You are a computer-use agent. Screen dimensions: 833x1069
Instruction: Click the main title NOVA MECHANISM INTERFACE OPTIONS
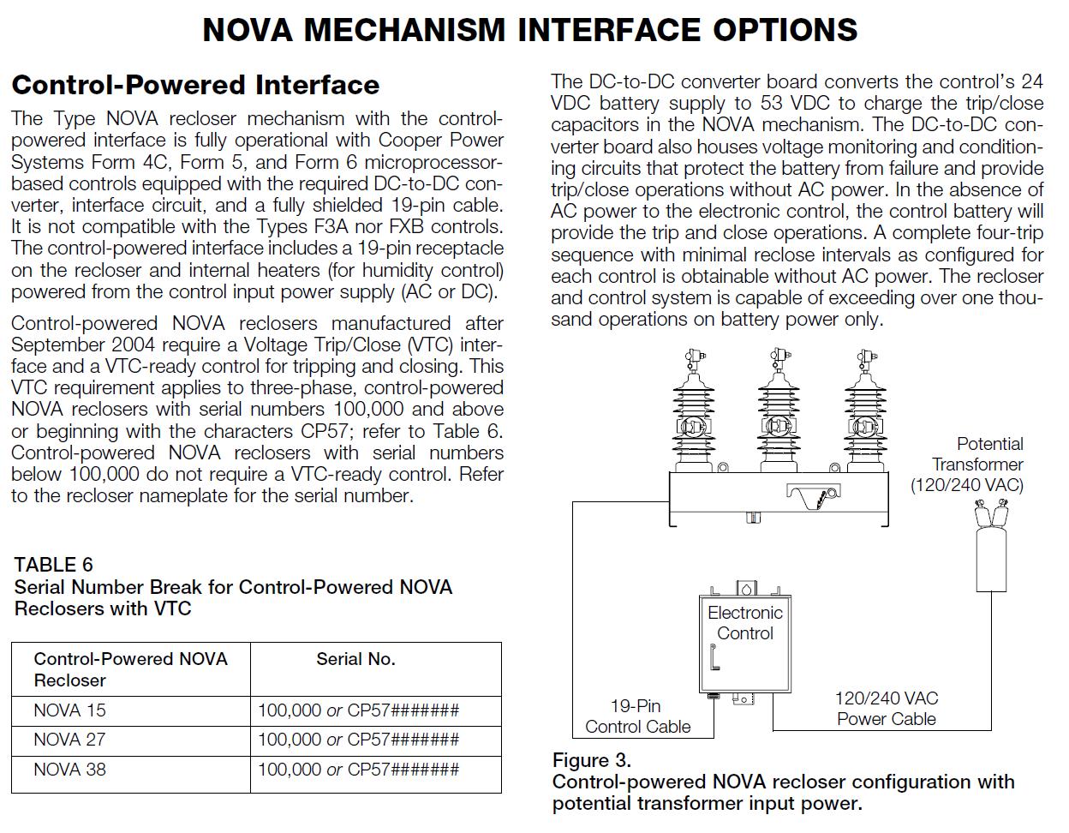pyautogui.click(x=530, y=30)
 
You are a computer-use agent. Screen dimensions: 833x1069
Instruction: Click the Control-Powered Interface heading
pyautogui.click(x=195, y=85)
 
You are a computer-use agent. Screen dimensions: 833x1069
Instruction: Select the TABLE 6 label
pyautogui.click(x=53, y=565)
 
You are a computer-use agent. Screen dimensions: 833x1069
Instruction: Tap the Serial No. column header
pyautogui.click(x=355, y=659)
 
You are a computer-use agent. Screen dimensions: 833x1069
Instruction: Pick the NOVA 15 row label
pyautogui.click(x=69, y=710)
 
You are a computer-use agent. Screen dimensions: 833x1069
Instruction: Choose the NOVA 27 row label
pyautogui.click(x=69, y=740)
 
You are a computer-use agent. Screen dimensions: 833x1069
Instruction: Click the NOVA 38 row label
pyautogui.click(x=69, y=769)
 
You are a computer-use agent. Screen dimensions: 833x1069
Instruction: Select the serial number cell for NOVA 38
pyautogui.click(x=358, y=769)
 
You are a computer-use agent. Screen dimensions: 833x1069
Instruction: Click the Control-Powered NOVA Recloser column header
pyautogui.click(x=130, y=669)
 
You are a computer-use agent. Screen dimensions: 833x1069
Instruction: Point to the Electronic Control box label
pyautogui.click(x=745, y=623)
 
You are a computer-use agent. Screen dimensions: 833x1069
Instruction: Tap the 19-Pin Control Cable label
pyautogui.click(x=637, y=716)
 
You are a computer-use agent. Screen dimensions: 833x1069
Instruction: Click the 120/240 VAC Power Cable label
pyautogui.click(x=886, y=709)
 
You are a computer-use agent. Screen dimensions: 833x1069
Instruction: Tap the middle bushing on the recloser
pyautogui.click(x=778, y=411)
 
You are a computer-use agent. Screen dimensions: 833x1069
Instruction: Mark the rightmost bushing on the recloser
pyautogui.click(x=863, y=411)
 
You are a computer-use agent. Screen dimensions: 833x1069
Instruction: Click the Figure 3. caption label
pyautogui.click(x=591, y=760)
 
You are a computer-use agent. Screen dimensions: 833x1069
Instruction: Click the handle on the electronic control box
pyautogui.click(x=714, y=657)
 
